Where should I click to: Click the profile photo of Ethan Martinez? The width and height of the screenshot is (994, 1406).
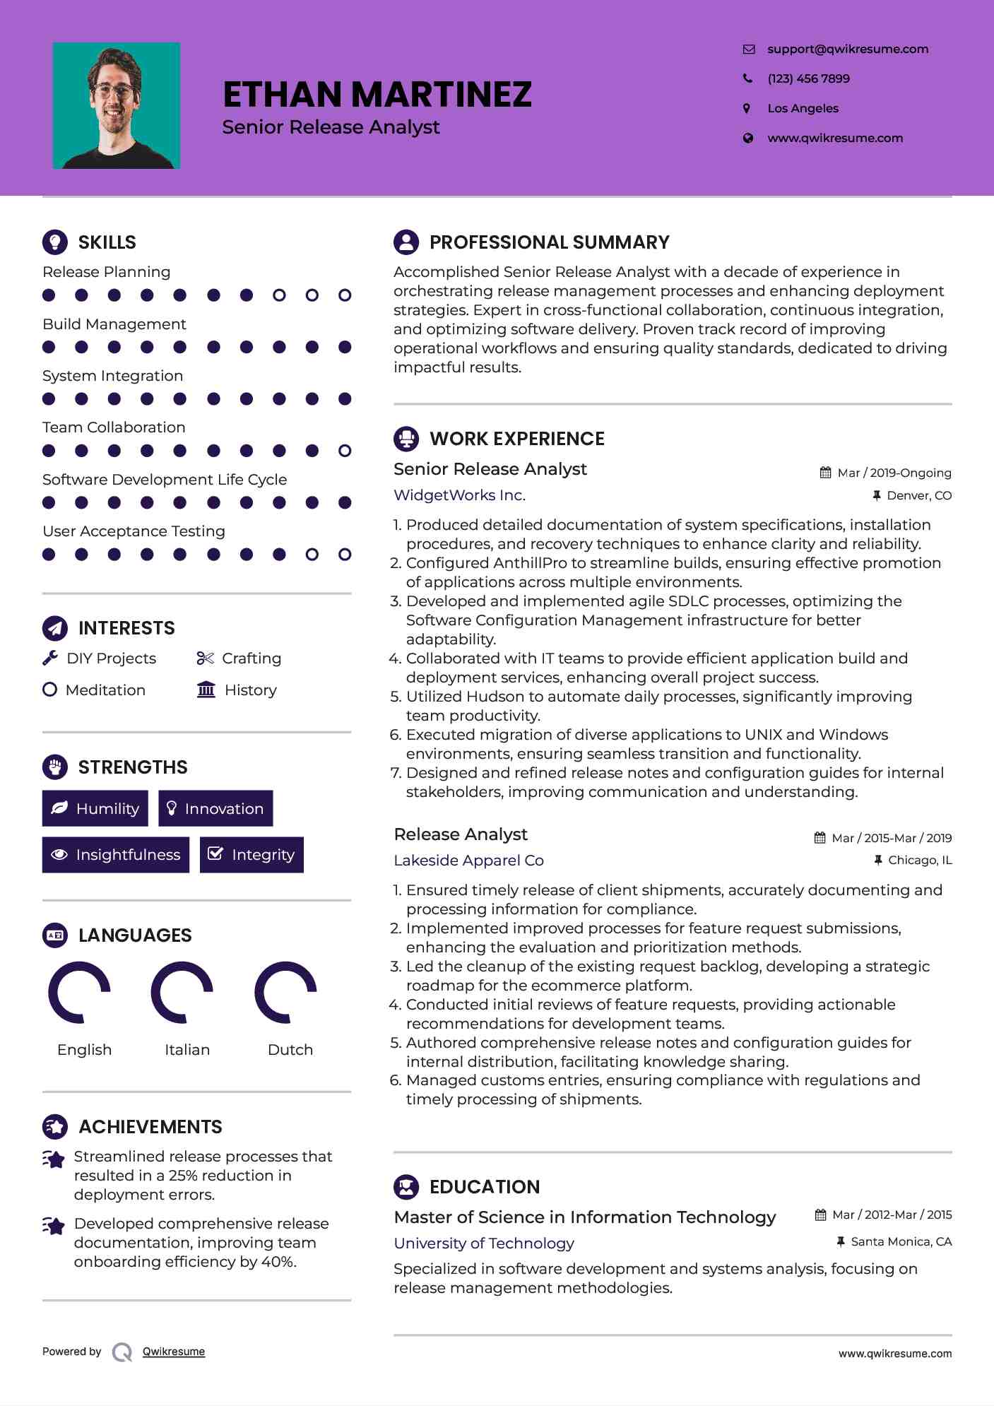click(x=117, y=106)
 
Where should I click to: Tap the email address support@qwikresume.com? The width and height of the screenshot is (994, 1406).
click(x=847, y=49)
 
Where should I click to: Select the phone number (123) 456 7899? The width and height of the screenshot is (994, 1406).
click(x=808, y=78)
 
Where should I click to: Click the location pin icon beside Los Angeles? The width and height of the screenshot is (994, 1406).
click(x=747, y=108)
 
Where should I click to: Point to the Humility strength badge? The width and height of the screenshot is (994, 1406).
click(x=95, y=808)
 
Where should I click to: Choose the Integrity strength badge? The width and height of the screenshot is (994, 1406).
click(x=252, y=855)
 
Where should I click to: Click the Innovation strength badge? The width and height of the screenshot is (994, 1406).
click(x=215, y=808)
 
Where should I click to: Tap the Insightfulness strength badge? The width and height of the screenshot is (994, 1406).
click(x=116, y=855)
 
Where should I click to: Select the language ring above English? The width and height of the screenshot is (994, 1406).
click(x=79, y=992)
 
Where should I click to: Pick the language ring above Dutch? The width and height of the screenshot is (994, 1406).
click(x=285, y=992)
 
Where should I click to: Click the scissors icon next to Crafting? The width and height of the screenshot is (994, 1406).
click(x=205, y=658)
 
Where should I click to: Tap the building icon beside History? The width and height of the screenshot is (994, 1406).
click(x=206, y=690)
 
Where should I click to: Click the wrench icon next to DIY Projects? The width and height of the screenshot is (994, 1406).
click(x=50, y=658)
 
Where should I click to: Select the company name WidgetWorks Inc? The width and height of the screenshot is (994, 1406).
click(x=459, y=495)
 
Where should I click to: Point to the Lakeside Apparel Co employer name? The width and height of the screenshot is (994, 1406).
click(x=468, y=861)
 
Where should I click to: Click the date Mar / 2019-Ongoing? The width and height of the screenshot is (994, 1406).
click(x=894, y=473)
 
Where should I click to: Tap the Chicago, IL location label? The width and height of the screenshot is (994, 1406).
click(x=919, y=860)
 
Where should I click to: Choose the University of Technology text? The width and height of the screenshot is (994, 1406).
click(x=484, y=1243)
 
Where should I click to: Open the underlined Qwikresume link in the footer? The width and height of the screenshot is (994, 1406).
click(x=174, y=1352)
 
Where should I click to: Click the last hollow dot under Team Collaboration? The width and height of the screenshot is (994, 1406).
click(x=345, y=451)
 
